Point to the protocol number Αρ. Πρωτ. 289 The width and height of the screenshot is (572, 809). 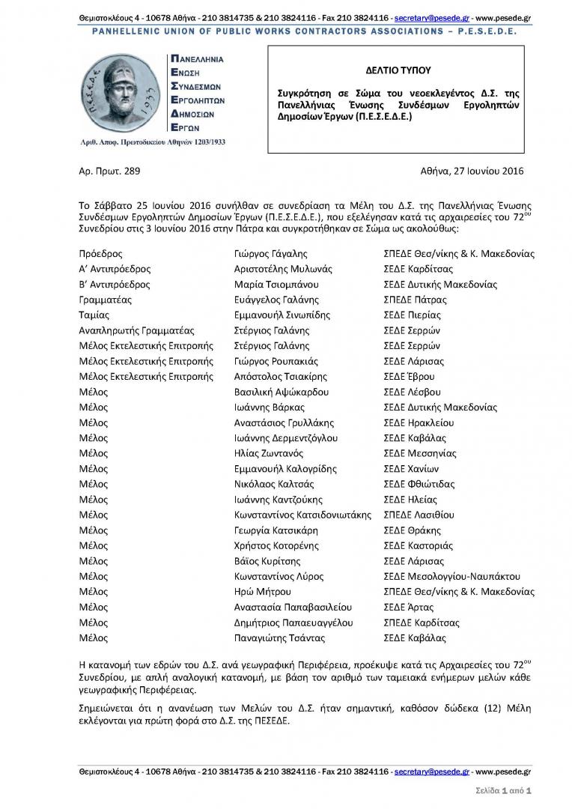pyautogui.click(x=109, y=171)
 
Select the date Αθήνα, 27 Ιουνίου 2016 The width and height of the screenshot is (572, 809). pyautogui.click(x=464, y=171)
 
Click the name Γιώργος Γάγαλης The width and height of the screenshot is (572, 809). pyautogui.click(x=270, y=254)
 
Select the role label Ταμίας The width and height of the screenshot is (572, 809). pyautogui.click(x=94, y=315)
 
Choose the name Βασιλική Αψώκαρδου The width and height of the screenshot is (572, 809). pyautogui.click(x=282, y=392)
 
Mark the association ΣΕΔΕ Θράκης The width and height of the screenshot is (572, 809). pyautogui.click(x=412, y=530)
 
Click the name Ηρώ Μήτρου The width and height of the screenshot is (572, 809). pyautogui.click(x=261, y=592)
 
